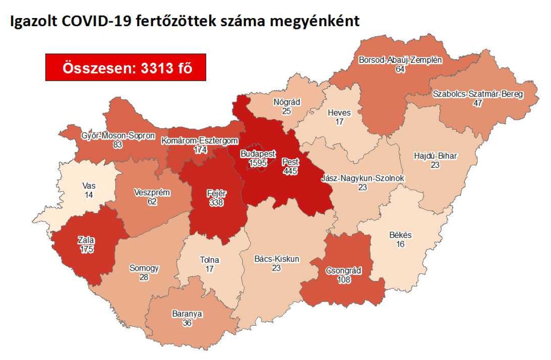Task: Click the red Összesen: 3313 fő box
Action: (x=126, y=68)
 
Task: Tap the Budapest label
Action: (x=258, y=154)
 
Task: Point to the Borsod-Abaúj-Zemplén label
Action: (x=400, y=60)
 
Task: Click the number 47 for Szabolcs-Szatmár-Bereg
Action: (x=478, y=103)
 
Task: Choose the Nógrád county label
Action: (x=286, y=102)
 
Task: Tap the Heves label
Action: (x=340, y=113)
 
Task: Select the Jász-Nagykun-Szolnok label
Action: (x=363, y=178)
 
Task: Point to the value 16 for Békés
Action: (x=400, y=244)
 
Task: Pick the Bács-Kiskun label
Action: (x=276, y=259)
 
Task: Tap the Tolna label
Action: (x=210, y=260)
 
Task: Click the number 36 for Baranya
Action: (x=187, y=323)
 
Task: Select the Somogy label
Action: (x=144, y=268)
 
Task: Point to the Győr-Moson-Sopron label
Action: (x=118, y=136)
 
